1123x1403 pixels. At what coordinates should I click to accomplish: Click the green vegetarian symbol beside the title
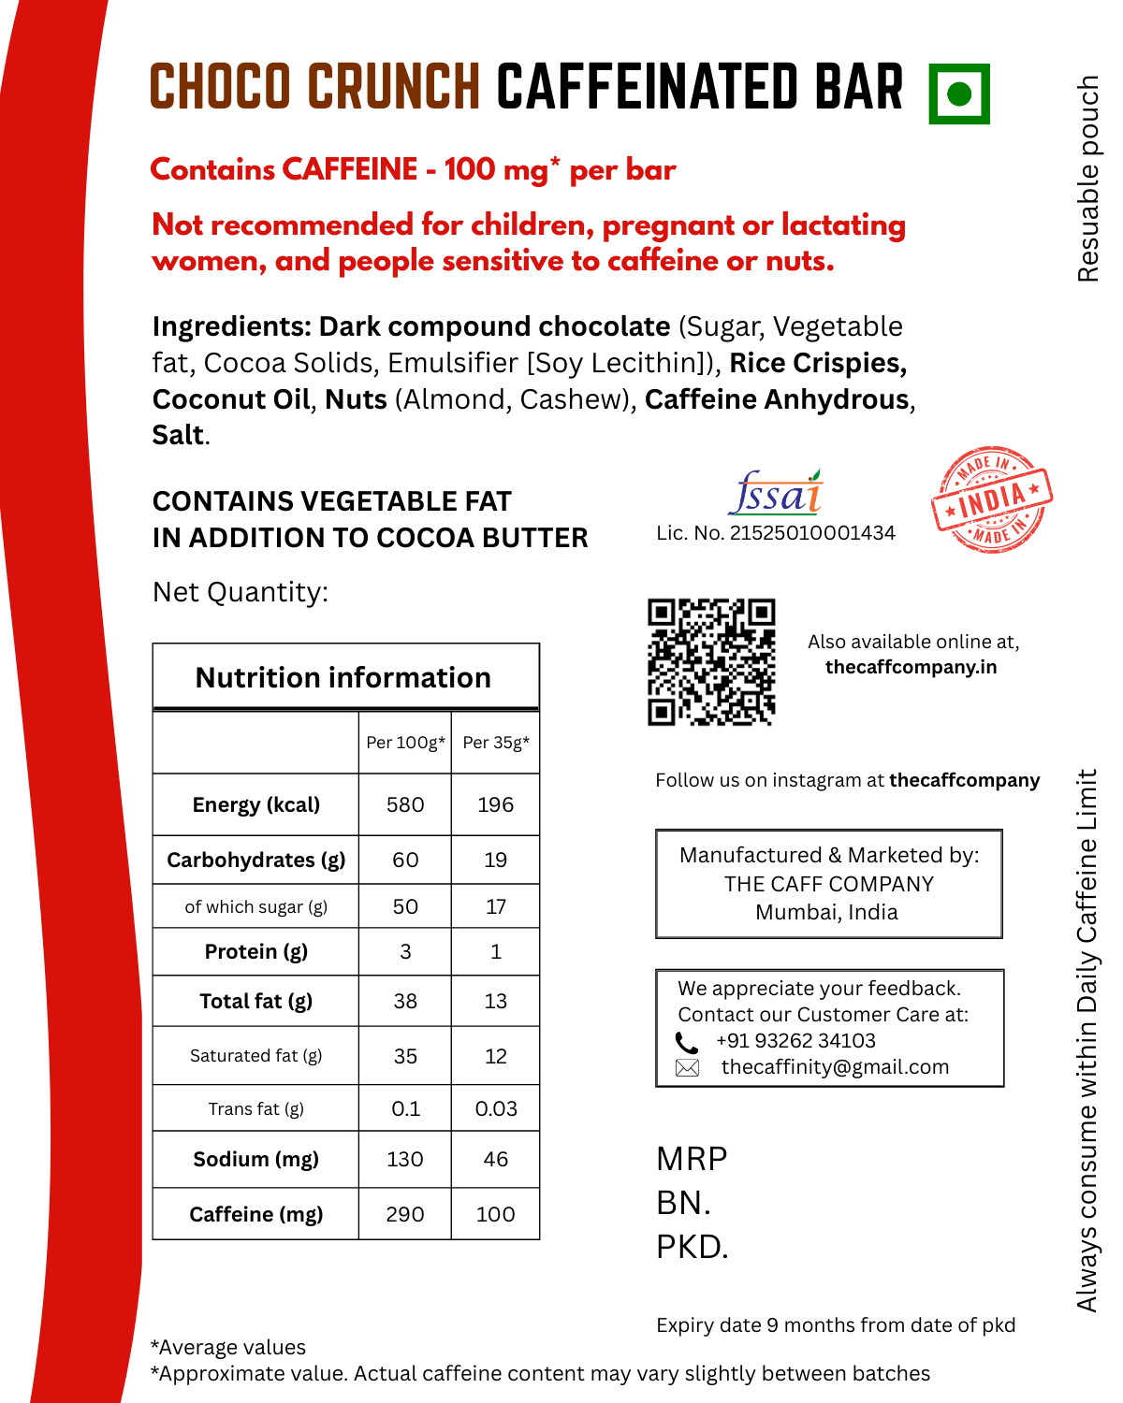[959, 94]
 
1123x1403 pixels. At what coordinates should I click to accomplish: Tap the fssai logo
[776, 493]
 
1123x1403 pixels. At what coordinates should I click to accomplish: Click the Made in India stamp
[992, 499]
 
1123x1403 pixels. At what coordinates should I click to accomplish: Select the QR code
[711, 662]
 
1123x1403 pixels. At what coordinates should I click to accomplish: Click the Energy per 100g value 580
[405, 804]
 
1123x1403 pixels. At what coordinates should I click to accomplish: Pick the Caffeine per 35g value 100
[495, 1214]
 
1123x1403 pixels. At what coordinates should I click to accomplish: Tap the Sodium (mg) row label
[255, 1159]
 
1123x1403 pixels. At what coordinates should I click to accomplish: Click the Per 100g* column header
[405, 743]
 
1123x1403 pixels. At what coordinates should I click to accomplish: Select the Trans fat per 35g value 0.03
[495, 1108]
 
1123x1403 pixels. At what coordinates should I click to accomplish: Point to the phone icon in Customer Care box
[687, 1042]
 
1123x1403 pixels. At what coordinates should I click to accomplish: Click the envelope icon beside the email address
[687, 1068]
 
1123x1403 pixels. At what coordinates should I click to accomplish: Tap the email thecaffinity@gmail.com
[835, 1067]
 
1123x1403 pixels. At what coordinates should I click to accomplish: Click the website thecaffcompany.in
[911, 667]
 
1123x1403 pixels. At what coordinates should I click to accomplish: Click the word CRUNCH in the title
[394, 87]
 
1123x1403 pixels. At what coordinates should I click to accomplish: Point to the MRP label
[692, 1159]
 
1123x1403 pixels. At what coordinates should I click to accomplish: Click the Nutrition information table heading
[343, 677]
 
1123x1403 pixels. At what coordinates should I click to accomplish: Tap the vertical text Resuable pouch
[1087, 178]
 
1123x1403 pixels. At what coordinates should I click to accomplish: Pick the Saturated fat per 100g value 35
[405, 1056]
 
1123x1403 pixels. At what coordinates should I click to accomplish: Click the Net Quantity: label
[241, 592]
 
